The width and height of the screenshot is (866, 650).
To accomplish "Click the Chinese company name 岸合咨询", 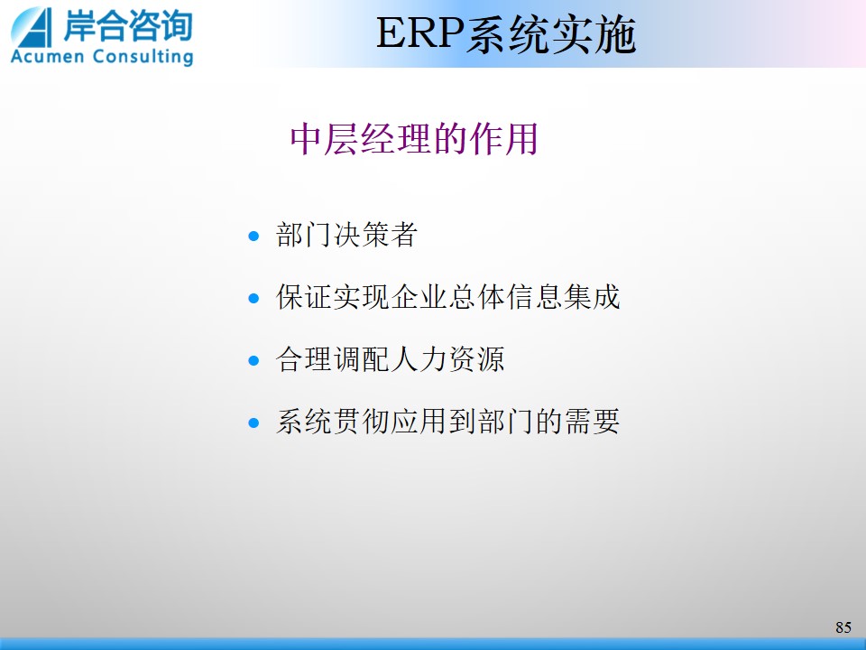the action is pyautogui.click(x=128, y=25).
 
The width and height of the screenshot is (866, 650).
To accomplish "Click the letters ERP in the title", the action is pyautogui.click(x=419, y=34).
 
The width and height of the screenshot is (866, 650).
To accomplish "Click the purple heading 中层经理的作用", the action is pyautogui.click(x=414, y=139).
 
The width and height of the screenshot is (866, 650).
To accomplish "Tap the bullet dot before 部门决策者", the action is pyautogui.click(x=254, y=236).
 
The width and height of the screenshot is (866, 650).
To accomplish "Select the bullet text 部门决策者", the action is pyautogui.click(x=346, y=235).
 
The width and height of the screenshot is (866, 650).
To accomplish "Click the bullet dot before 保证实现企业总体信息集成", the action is pyautogui.click(x=254, y=299).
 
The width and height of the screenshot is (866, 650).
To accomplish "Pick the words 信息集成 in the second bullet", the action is pyautogui.click(x=563, y=297).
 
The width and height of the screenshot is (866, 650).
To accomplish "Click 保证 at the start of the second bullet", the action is pyautogui.click(x=304, y=297).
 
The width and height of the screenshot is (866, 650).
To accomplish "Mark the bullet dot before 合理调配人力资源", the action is pyautogui.click(x=254, y=361).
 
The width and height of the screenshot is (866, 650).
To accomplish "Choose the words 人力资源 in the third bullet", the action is pyautogui.click(x=448, y=359).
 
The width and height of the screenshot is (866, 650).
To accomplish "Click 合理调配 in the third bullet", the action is pyautogui.click(x=333, y=359).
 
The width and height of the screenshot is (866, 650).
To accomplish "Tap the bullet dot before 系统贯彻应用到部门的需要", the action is pyautogui.click(x=254, y=423).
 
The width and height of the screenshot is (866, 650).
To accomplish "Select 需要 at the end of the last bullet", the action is pyautogui.click(x=592, y=422).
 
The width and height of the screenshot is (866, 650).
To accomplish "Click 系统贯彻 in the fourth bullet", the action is pyautogui.click(x=333, y=422).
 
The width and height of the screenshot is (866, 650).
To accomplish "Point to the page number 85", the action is pyautogui.click(x=843, y=627).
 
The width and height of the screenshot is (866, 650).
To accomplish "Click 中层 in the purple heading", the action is pyautogui.click(x=324, y=139).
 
